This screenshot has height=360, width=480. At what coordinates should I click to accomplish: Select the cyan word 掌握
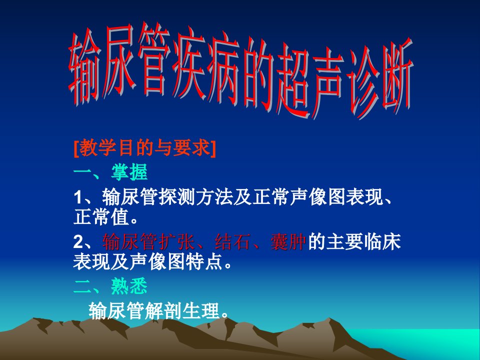coord(129,172)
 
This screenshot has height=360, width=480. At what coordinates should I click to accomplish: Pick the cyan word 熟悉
coord(129,286)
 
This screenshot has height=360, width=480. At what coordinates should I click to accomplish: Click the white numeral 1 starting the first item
coord(78,197)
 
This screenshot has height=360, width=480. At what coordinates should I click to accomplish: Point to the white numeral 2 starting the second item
coord(78,242)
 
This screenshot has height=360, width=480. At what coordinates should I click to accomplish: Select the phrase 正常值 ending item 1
coord(101,217)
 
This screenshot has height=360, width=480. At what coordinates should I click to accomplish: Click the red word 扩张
coord(177,241)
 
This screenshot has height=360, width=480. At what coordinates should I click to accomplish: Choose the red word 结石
coord(233,241)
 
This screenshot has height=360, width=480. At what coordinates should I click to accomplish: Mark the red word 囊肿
coord(288,241)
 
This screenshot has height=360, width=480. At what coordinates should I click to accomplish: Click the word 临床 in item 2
coord(382,241)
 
